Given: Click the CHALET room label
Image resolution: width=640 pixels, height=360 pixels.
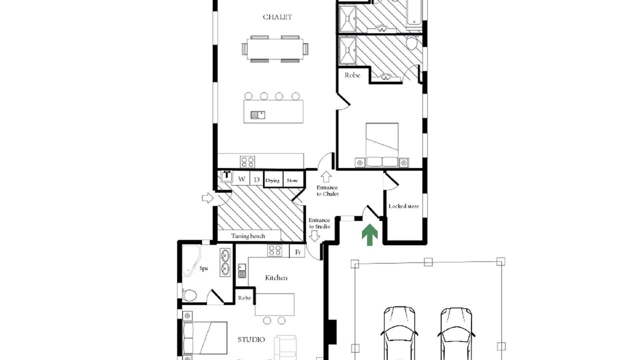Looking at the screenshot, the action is tap(277, 17).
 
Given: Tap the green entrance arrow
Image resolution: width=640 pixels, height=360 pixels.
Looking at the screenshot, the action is tap(369, 235).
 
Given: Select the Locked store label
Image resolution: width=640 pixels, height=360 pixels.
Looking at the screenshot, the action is tap(403, 206).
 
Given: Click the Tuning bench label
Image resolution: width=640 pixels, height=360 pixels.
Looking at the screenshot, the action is tap(248, 236).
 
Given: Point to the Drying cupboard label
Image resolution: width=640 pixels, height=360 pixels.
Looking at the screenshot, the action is tap(272, 180).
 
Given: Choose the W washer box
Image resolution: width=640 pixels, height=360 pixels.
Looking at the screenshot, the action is tap(241, 179).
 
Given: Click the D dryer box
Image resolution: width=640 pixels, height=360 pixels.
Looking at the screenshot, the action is tap(256, 179).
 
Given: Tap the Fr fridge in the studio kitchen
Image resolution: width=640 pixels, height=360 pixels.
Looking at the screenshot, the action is tap(297, 251).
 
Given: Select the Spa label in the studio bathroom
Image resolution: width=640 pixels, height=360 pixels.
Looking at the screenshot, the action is tap(203, 268).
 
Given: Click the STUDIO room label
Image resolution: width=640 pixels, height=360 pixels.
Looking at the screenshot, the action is tap(251, 339).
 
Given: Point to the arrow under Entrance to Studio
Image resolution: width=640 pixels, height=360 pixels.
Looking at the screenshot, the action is tap(314, 236).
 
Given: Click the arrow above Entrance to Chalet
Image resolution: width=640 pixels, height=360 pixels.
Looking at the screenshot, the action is tap(326, 176).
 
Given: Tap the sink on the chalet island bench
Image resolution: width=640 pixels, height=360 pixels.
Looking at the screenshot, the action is tap(257, 115).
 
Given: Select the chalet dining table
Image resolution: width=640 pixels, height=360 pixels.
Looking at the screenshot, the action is tap(275, 49).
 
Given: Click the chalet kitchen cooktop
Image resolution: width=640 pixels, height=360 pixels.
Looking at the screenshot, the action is tap(247, 161).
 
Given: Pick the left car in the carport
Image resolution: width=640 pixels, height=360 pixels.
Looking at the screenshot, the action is tap(399, 333).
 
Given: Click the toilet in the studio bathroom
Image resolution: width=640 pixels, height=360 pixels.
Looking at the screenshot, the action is tap(189, 295).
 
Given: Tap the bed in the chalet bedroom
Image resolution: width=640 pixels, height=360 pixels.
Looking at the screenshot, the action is tap(382, 144).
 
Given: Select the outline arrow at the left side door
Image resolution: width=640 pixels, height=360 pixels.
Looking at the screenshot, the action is tap(207, 197).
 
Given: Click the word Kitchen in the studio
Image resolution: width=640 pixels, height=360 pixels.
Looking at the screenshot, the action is tap(276, 277).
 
